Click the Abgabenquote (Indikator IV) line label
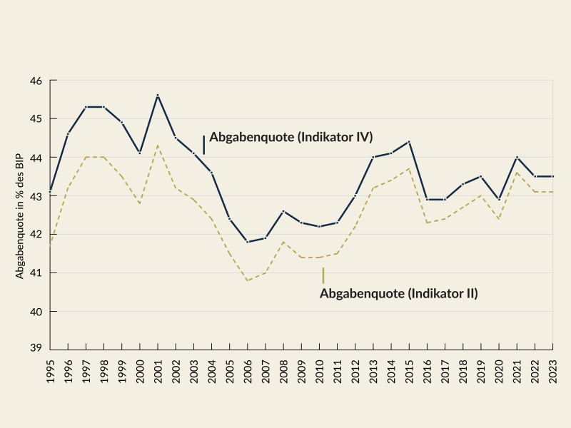(x=291, y=137)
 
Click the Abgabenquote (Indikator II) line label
(x=398, y=293)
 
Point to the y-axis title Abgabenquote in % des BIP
(x=20, y=214)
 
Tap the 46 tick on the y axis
(x=36, y=81)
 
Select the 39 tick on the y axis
(x=36, y=350)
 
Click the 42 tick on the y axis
(x=36, y=234)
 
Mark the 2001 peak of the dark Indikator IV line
(x=158, y=95)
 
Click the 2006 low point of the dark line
(x=248, y=242)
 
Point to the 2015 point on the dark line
(x=409, y=141)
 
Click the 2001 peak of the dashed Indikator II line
(x=158, y=146)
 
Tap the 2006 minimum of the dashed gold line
(x=248, y=280)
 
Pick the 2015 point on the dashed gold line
(x=409, y=168)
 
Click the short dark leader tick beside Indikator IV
(x=204, y=145)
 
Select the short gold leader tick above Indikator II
(x=323, y=275)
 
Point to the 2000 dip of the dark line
(x=140, y=153)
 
